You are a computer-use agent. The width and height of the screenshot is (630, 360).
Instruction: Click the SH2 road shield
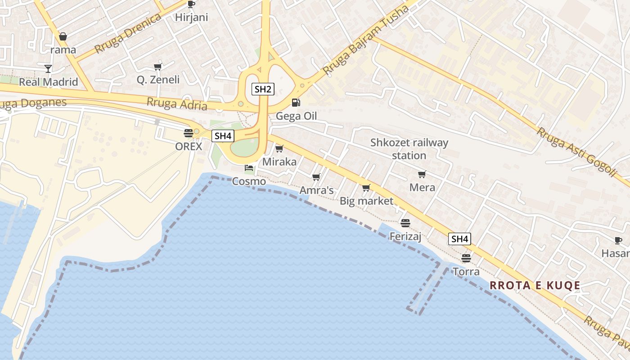(263, 89)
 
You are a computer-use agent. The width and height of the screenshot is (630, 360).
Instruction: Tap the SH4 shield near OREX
(223, 135)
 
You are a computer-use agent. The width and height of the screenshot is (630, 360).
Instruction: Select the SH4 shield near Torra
(459, 239)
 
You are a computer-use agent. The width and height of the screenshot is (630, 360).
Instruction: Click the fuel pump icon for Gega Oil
(296, 103)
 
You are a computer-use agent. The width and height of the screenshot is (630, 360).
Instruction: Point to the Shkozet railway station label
(409, 149)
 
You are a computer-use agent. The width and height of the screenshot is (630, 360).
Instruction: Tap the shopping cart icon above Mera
(422, 174)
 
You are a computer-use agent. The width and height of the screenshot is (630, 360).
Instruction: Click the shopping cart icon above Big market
(366, 188)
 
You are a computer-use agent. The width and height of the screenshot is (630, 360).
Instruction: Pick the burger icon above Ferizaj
(405, 223)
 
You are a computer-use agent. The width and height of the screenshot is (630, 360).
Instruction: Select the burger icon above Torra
(466, 258)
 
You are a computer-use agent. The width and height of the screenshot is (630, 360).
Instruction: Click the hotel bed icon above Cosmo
(249, 168)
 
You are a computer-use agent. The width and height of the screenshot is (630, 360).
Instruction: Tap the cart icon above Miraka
(279, 148)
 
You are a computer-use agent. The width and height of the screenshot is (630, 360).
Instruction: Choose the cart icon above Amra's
(316, 177)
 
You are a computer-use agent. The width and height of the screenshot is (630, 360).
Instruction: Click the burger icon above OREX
(188, 133)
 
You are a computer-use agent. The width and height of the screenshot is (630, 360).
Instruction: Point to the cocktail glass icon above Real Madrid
(48, 68)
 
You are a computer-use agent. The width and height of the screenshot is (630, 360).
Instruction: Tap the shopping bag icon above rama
(63, 36)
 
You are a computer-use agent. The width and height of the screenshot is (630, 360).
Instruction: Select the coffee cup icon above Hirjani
(191, 4)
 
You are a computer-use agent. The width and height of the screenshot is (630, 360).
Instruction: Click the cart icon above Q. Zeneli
(157, 67)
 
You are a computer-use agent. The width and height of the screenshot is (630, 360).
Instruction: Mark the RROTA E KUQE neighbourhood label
(535, 285)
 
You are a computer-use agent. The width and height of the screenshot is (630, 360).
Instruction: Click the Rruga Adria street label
(177, 104)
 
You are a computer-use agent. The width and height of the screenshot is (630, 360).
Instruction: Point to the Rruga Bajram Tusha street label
(365, 40)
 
